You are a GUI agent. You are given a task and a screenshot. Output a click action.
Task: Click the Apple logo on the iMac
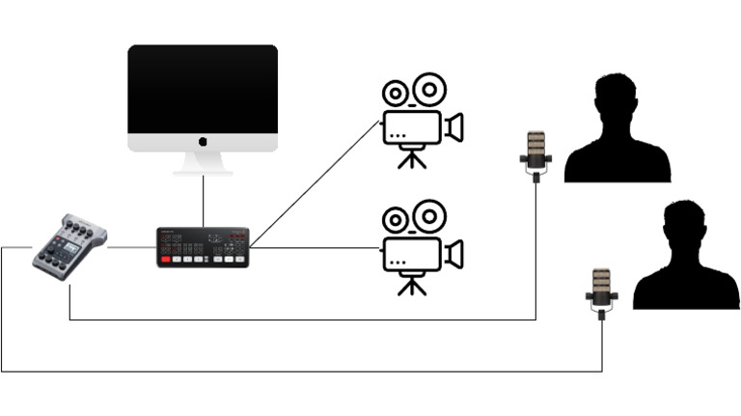(203, 142)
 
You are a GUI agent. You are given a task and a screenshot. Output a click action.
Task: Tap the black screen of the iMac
(203, 88)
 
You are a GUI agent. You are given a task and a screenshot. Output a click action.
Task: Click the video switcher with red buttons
(203, 247)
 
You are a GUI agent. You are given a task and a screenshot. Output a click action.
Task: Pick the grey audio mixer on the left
(69, 246)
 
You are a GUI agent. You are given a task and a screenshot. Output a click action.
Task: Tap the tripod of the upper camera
(412, 157)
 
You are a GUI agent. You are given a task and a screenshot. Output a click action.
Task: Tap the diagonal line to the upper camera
(314, 183)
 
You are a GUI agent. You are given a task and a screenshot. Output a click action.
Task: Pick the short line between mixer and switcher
(131, 247)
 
